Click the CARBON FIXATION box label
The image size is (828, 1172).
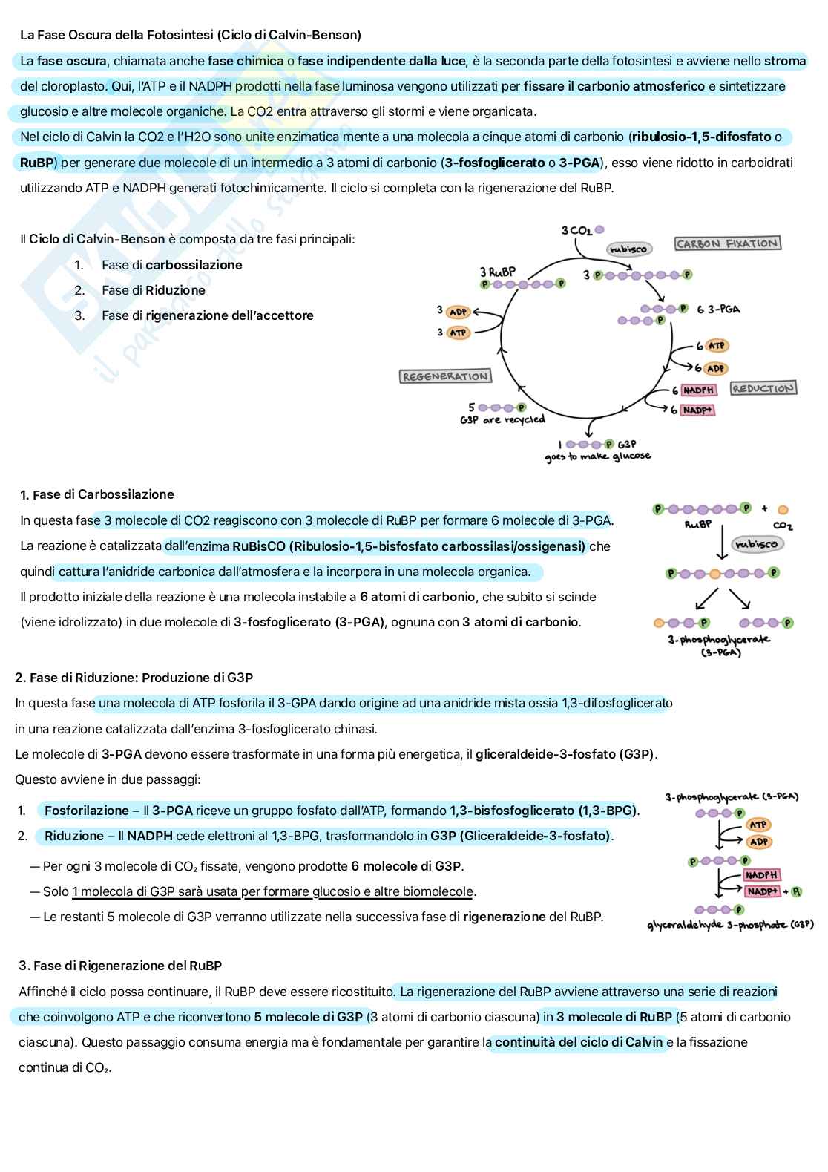click(x=727, y=243)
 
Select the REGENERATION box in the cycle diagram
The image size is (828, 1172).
click(x=445, y=376)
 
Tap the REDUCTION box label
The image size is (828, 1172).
click(x=763, y=388)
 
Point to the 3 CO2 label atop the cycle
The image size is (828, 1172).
click(x=576, y=231)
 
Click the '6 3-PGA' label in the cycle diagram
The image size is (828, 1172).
click(x=718, y=309)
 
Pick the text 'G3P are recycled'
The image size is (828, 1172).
click(x=502, y=420)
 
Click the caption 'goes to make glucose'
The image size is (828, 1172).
click(x=597, y=456)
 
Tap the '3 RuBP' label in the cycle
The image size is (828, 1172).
click(x=497, y=272)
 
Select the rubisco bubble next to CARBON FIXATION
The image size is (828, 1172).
click(x=628, y=249)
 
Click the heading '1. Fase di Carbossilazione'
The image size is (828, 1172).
click(x=97, y=494)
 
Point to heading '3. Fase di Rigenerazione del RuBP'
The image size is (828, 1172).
click(x=120, y=966)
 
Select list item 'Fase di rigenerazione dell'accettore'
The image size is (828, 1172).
click(x=207, y=315)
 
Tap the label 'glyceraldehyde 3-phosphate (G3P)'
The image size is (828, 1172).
click(x=730, y=925)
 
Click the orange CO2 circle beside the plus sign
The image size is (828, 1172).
click(x=783, y=510)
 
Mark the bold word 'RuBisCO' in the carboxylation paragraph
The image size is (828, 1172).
click(x=259, y=546)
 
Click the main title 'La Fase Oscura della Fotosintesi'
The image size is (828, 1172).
click(x=191, y=35)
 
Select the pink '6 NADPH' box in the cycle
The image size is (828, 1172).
click(x=698, y=390)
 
